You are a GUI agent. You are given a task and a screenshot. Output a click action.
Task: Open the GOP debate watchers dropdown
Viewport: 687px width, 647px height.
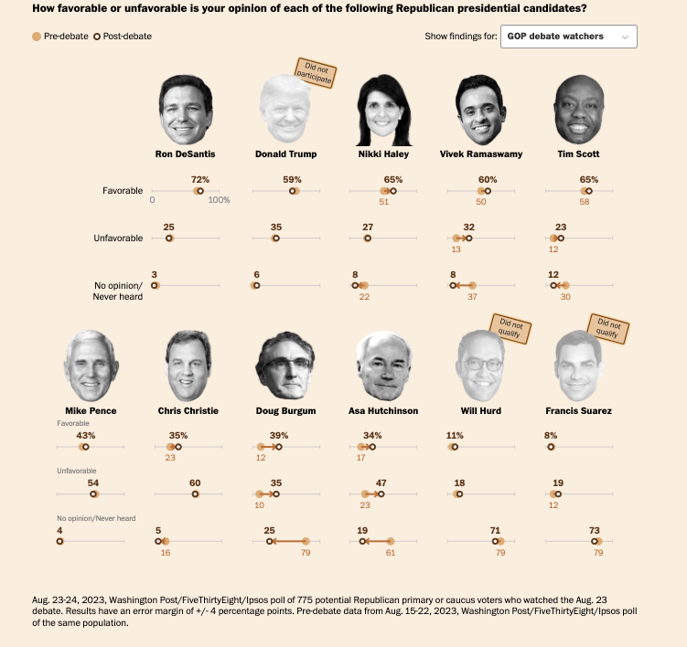(568, 37)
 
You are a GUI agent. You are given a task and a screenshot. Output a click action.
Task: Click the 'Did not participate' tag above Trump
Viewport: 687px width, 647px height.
(313, 73)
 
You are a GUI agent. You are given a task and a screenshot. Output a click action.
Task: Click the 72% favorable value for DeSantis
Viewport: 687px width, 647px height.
(200, 179)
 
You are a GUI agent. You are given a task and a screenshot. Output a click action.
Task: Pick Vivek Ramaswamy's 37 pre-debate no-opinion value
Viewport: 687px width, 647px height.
(472, 297)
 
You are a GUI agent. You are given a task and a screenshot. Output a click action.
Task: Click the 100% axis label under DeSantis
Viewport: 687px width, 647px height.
(219, 200)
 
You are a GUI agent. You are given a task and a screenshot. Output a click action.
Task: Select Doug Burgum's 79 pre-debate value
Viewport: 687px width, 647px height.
(306, 552)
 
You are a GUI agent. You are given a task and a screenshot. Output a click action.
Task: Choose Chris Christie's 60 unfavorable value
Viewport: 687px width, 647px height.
(195, 483)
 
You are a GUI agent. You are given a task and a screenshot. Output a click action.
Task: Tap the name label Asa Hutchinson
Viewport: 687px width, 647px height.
(383, 411)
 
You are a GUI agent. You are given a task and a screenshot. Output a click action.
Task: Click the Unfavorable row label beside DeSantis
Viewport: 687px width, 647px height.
(118, 239)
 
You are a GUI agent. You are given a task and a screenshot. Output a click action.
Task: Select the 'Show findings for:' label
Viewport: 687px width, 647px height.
(461, 37)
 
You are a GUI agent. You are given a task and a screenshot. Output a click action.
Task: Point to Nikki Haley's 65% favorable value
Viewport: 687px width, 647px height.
(393, 179)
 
